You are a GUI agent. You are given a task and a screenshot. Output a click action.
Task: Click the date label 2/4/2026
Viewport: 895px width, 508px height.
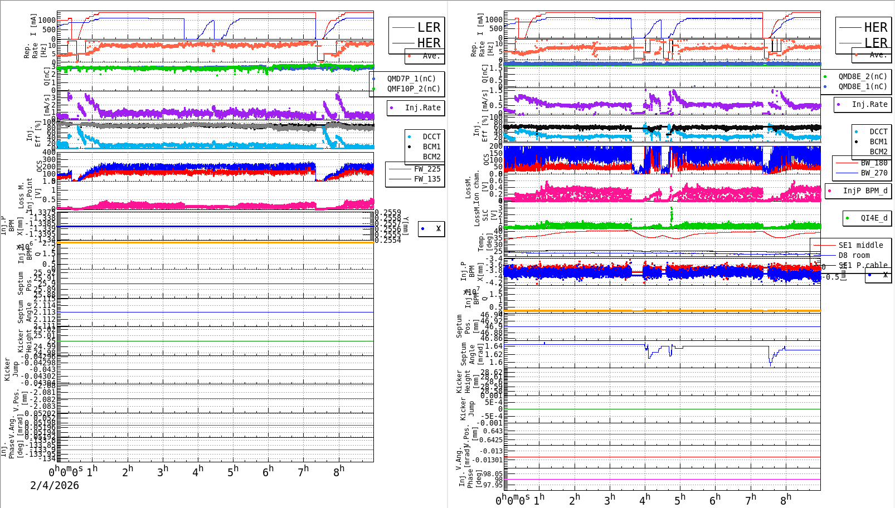(x=55, y=485)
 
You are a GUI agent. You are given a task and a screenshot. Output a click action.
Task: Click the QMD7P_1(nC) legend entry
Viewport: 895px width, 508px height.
(x=411, y=79)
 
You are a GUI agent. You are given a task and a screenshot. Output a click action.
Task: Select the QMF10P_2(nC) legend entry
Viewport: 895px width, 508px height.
(x=413, y=89)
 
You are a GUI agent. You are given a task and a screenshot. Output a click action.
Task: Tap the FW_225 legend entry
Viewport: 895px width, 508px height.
(x=427, y=169)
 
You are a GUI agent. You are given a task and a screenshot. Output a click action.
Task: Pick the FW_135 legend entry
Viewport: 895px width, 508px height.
(x=427, y=179)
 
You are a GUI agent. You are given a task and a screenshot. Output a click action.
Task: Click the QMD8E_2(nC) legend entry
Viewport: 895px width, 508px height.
(x=862, y=76)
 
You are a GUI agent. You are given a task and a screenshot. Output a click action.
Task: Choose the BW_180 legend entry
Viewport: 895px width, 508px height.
(x=874, y=163)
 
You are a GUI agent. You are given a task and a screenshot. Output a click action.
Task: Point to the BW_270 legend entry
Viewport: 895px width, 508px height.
(x=874, y=173)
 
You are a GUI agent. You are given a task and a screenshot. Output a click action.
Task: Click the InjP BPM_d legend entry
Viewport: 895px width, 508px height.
(x=865, y=190)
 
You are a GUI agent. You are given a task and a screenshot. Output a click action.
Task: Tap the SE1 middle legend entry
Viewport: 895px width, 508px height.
(x=860, y=245)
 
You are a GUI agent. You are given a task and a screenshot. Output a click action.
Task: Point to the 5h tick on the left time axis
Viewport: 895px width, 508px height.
(x=232, y=472)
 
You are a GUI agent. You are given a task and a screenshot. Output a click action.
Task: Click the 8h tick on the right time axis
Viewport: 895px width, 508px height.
(x=785, y=500)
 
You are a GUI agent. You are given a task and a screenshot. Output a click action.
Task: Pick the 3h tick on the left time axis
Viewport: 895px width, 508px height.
(x=162, y=472)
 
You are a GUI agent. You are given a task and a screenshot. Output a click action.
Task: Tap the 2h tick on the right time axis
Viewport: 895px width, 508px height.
(x=574, y=500)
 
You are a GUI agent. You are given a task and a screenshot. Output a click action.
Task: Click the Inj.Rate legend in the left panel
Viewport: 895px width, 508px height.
(x=422, y=108)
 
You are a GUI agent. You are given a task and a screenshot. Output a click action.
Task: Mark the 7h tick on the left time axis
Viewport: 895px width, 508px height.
(x=303, y=472)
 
